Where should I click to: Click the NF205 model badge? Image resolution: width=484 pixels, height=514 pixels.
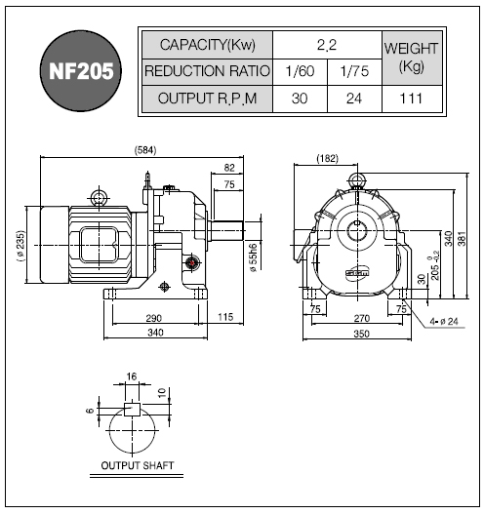tap(81, 71)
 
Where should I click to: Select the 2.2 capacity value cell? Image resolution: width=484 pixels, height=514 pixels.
tap(327, 45)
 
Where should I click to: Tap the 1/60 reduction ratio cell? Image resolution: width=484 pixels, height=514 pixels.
tap(300, 71)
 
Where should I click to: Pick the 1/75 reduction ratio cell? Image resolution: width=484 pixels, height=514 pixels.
tap(354, 71)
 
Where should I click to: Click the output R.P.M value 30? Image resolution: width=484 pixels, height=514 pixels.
tap(300, 99)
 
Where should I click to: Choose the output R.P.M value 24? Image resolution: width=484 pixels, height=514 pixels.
tap(354, 99)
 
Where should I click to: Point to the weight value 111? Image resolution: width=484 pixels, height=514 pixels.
tap(412, 99)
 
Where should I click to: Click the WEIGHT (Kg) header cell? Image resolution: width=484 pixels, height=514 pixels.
tap(412, 58)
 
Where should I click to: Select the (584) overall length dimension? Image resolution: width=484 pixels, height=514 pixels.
tap(145, 150)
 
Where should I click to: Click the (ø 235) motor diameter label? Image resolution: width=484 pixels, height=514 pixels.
tap(20, 246)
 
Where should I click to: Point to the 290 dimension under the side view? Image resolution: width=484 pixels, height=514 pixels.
tap(154, 318)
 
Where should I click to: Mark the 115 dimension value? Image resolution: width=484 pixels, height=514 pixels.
tap(225, 317)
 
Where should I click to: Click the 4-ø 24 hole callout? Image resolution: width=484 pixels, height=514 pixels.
tap(444, 322)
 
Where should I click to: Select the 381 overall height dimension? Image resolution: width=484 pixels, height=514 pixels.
tap(462, 238)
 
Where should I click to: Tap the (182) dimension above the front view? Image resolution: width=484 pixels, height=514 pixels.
tap(327, 159)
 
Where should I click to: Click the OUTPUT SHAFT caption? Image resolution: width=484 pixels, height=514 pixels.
tap(137, 465)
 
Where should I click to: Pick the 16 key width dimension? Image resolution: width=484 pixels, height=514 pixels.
tap(131, 376)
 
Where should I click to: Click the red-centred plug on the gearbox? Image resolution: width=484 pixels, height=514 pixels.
tap(192, 262)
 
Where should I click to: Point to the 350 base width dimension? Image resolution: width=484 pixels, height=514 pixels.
tap(361, 334)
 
